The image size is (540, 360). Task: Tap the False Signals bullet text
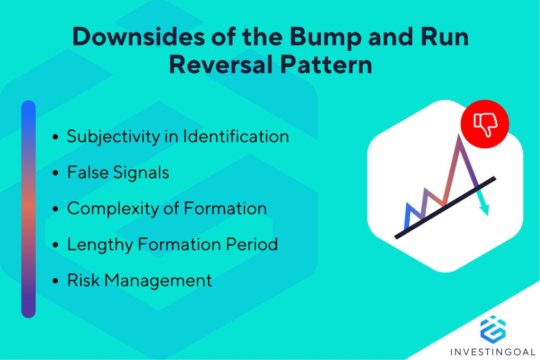118,173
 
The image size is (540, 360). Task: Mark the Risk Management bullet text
139,280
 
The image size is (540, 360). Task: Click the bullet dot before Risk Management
56,281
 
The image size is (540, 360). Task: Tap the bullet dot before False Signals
56,173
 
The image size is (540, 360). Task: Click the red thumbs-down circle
484,124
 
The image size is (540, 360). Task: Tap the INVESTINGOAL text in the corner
493,352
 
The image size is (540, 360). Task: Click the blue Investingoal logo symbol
493,328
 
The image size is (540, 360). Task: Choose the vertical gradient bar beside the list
28,209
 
